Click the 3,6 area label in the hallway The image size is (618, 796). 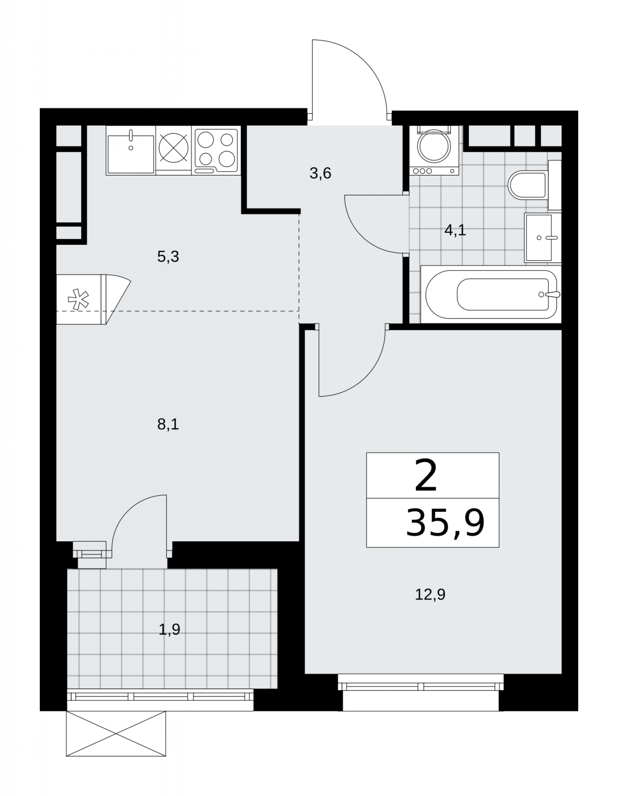(320, 173)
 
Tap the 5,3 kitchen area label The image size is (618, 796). (168, 257)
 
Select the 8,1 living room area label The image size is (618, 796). (168, 424)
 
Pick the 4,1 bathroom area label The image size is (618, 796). (455, 230)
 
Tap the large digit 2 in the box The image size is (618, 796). (425, 476)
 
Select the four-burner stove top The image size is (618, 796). (216, 151)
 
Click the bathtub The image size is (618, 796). (491, 295)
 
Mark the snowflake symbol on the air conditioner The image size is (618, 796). (79, 299)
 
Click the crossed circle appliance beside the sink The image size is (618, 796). (174, 148)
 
